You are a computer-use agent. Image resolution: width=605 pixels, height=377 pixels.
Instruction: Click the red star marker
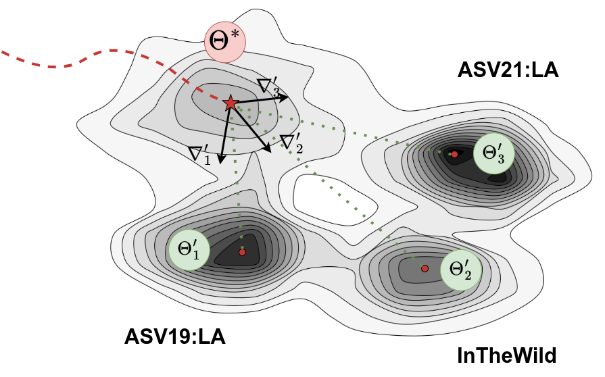tap(230, 103)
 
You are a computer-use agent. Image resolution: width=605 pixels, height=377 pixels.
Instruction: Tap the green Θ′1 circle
tap(190, 249)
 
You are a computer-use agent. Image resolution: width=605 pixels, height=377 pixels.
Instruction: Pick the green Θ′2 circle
tap(461, 270)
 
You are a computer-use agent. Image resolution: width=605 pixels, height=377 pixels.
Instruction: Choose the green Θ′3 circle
tap(494, 153)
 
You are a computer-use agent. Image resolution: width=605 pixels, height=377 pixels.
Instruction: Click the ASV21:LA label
tap(508, 70)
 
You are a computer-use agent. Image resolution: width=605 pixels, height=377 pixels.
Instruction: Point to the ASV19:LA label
tap(174, 336)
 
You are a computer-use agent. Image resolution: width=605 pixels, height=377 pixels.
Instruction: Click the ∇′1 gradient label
tap(201, 153)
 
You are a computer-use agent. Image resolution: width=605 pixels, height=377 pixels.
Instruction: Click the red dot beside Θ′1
tap(242, 252)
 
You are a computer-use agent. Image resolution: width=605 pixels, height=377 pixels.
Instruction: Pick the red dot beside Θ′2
tap(425, 268)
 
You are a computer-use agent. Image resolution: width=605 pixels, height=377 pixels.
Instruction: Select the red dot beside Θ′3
tap(454, 155)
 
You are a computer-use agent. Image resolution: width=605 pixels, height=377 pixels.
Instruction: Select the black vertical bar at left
tap(27, 203)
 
